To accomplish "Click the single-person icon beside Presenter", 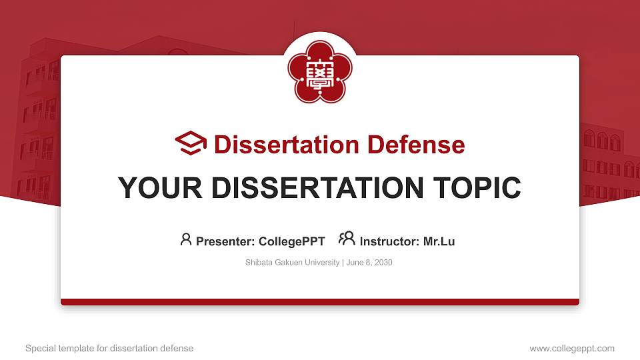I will pos(186,239).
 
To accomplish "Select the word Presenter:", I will pos(225,241).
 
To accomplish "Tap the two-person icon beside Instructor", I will pos(347,239).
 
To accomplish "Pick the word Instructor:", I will pos(389,241).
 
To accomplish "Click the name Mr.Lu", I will pos(439,241).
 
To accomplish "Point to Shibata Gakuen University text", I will pos(293,263).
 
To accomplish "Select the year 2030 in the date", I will pos(383,263).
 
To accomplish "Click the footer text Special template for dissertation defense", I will pos(109,348).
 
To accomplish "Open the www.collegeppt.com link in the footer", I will pos(572,348).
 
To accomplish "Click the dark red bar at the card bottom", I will pos(320,302).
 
